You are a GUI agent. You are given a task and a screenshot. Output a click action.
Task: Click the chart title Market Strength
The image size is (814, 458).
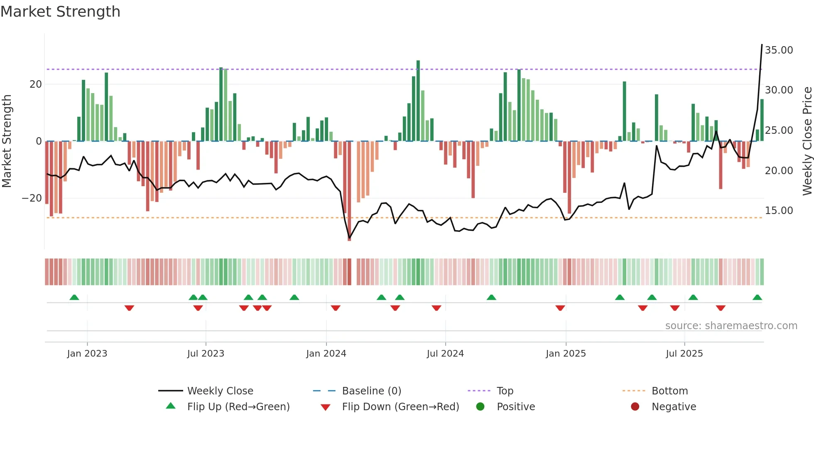tap(60, 12)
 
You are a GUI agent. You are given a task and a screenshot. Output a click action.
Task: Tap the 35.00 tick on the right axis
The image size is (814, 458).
tap(779, 50)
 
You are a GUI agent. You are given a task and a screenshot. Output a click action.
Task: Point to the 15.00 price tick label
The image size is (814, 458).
tap(779, 211)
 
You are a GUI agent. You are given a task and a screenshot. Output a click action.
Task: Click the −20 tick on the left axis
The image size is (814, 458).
tap(32, 198)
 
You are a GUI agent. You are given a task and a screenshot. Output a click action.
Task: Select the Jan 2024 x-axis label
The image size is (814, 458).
tap(326, 354)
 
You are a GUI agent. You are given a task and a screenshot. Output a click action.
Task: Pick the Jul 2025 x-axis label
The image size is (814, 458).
tap(684, 354)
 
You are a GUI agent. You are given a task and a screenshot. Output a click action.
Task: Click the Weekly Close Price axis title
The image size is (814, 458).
tap(807, 141)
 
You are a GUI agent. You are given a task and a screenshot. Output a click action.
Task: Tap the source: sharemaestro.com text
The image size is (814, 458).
tap(731, 326)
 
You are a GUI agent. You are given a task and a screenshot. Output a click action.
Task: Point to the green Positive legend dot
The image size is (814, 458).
tap(481, 407)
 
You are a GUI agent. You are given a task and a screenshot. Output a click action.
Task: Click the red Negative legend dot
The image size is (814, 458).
tap(635, 407)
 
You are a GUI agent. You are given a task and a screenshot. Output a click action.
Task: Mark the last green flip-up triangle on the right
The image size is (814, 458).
tap(757, 298)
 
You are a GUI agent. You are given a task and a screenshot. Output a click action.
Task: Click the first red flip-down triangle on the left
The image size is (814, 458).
tap(129, 308)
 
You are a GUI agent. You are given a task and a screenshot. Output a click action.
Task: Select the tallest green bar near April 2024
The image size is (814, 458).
tap(418, 101)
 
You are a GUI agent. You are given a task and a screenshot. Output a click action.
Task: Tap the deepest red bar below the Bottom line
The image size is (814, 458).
tap(349, 191)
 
